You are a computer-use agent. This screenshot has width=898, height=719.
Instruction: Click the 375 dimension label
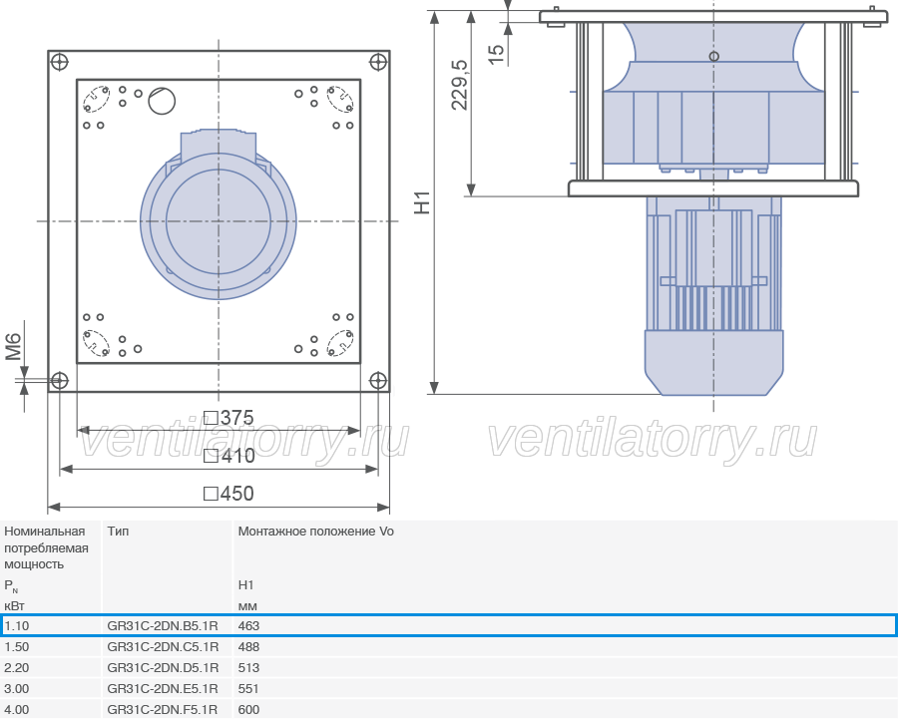pos(228,418)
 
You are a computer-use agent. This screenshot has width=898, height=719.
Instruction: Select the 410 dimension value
pos(229,456)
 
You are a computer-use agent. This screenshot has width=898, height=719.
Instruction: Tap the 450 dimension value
pos(229,494)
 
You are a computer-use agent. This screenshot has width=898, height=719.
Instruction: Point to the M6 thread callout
pos(13,347)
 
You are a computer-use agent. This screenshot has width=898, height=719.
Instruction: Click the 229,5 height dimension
pos(460,85)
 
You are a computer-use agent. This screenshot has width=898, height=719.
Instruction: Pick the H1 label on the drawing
pos(422,202)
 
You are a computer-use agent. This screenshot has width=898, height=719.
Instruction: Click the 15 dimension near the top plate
pos(497,54)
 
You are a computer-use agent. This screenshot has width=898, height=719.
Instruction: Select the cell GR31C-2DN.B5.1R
pos(163,625)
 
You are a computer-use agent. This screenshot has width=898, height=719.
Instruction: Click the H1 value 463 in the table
pos(248,625)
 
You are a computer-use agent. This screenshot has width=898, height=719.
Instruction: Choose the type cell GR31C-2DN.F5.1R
pos(162,709)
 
